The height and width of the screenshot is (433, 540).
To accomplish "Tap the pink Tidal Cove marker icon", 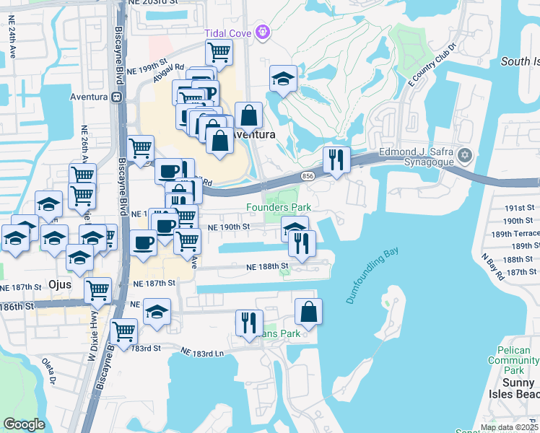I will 262,32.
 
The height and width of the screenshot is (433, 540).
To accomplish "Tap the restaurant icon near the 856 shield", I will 336,159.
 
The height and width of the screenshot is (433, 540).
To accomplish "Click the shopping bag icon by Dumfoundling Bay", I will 308,312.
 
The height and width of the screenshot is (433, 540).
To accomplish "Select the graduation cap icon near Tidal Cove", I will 284,78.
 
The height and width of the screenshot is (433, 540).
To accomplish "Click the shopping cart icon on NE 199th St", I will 219,51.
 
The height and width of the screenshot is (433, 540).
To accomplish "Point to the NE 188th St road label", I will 264,266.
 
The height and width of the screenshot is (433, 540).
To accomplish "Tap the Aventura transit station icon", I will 116,96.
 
